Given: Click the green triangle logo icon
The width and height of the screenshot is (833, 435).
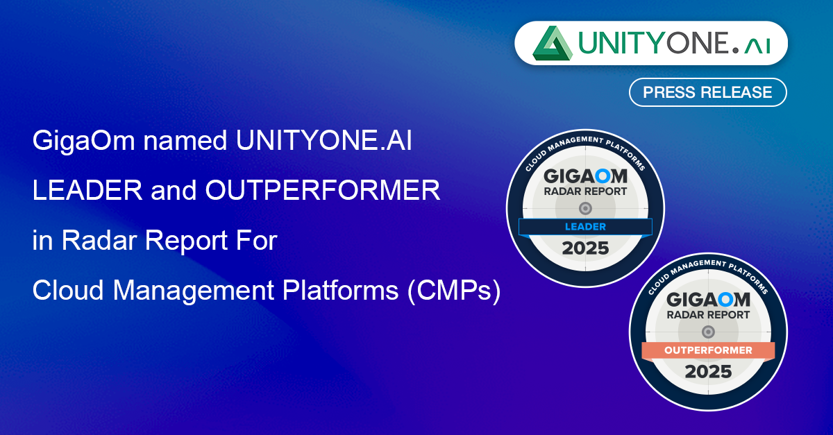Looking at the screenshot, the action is click(553, 43).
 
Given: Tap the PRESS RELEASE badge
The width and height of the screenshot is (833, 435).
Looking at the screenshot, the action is click(707, 92).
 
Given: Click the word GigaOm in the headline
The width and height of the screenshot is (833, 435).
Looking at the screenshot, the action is click(84, 142).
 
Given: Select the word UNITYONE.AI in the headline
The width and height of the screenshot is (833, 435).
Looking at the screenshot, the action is click(324, 141).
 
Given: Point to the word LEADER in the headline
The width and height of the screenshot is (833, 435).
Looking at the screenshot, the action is click(87, 190).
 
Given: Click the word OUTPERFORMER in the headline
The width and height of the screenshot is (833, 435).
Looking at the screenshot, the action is click(322, 190).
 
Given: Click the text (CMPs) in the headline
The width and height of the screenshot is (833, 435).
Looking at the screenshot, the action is click(454, 291).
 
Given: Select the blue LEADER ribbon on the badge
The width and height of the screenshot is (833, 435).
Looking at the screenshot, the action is click(585, 227).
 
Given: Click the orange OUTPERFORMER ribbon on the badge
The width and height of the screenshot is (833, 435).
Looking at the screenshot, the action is click(708, 350).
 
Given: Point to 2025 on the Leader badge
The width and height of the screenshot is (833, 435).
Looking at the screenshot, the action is click(585, 248).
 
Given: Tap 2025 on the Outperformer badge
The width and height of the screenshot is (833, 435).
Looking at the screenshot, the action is click(708, 372).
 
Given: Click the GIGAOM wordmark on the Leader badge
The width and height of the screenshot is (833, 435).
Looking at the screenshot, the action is click(585, 176).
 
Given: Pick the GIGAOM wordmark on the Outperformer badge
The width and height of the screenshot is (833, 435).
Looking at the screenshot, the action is click(708, 300).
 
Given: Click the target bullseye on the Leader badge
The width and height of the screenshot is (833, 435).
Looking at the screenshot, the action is click(585, 209).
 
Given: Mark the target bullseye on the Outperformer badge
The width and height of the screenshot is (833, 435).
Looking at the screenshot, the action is click(708, 332).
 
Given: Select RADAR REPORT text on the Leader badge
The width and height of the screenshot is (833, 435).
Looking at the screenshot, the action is click(585, 192).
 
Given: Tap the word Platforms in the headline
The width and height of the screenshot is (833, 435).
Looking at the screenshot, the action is click(341, 291).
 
